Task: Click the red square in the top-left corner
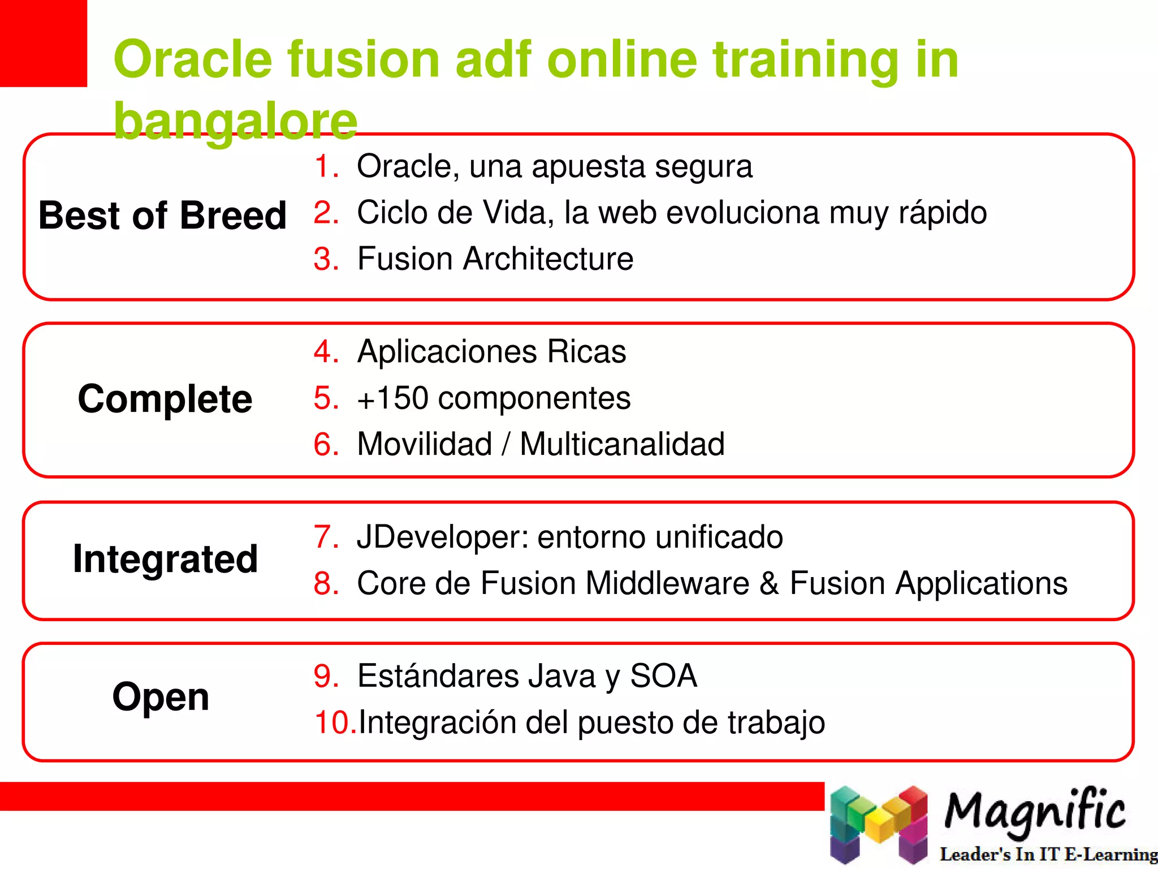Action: [x=43, y=43]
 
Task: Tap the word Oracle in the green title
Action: [x=193, y=59]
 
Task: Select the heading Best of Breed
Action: [x=162, y=216]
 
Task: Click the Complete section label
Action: [x=165, y=399]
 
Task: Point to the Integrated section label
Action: [x=165, y=559]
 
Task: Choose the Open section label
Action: [x=161, y=697]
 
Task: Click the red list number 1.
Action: [x=326, y=166]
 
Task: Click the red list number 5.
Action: [x=326, y=398]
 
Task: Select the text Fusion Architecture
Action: [x=495, y=259]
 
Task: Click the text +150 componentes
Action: [x=493, y=398]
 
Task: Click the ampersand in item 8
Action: [x=769, y=583]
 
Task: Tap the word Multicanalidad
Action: [x=622, y=444]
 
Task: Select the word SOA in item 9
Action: [x=663, y=676]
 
